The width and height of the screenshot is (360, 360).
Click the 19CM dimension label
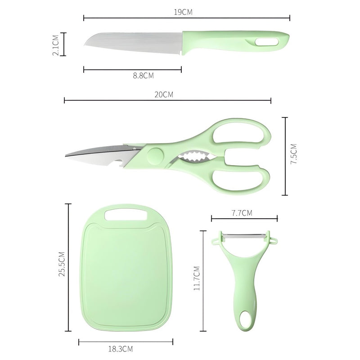point(184,12)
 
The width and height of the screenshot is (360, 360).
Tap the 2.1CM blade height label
point(55,44)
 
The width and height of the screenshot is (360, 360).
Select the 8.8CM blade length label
point(144,76)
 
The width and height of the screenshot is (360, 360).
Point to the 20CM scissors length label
point(164,94)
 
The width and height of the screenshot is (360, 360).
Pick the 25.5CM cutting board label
point(62,266)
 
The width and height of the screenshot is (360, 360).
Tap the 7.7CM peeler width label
point(241,213)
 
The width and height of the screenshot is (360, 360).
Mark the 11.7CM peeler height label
point(197,279)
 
